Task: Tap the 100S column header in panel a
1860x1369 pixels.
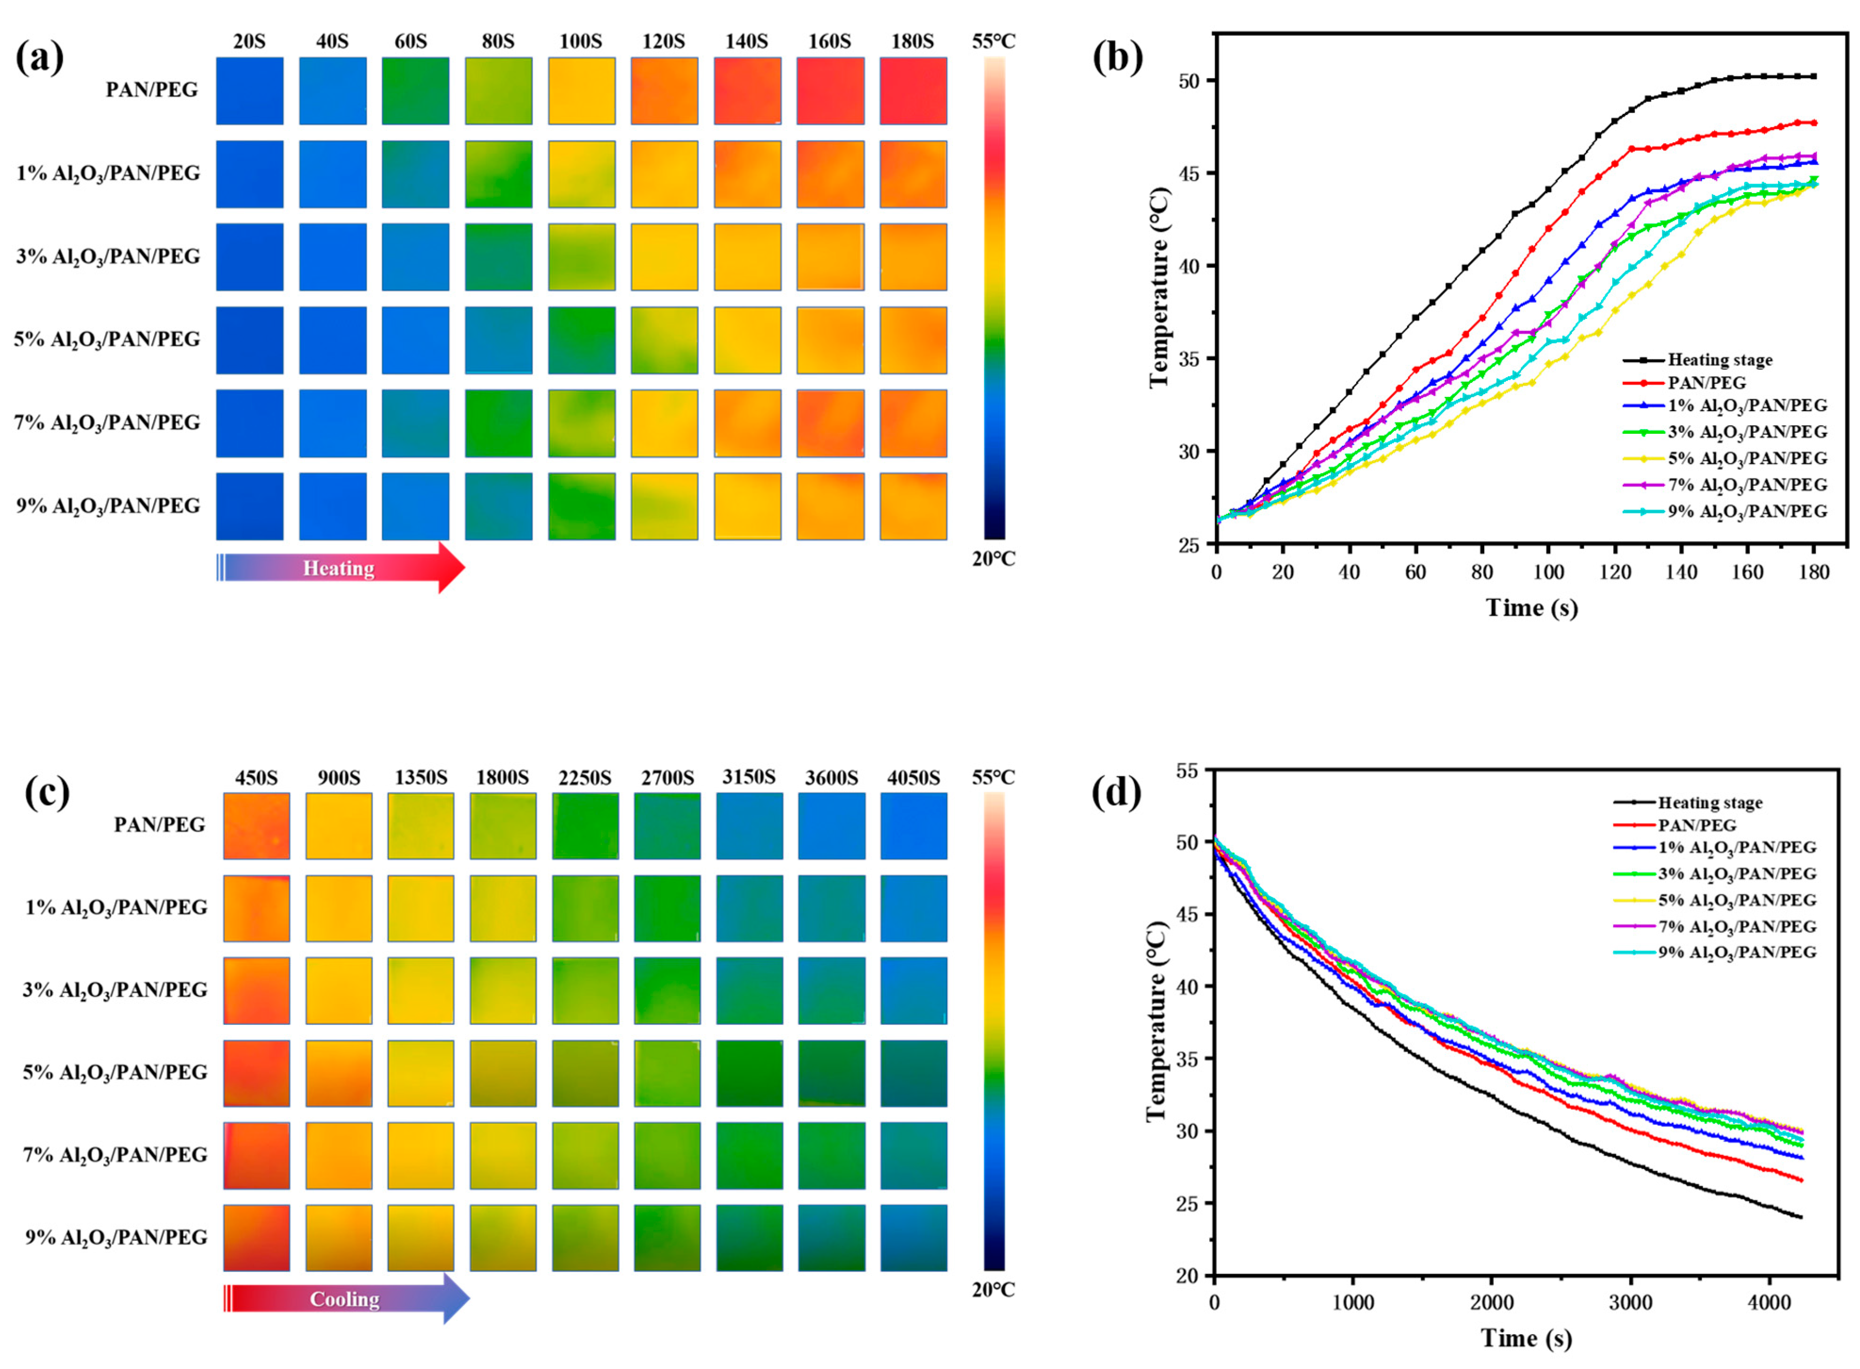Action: click(580, 41)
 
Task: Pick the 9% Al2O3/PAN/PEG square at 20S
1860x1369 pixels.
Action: click(250, 506)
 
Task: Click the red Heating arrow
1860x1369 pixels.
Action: click(340, 567)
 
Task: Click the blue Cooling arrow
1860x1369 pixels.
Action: click(346, 1298)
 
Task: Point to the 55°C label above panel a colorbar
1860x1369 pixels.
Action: click(994, 41)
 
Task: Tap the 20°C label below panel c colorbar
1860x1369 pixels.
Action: click(994, 1289)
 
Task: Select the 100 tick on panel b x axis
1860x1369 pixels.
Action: click(1548, 572)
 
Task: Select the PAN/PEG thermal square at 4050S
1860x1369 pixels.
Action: click(913, 826)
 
